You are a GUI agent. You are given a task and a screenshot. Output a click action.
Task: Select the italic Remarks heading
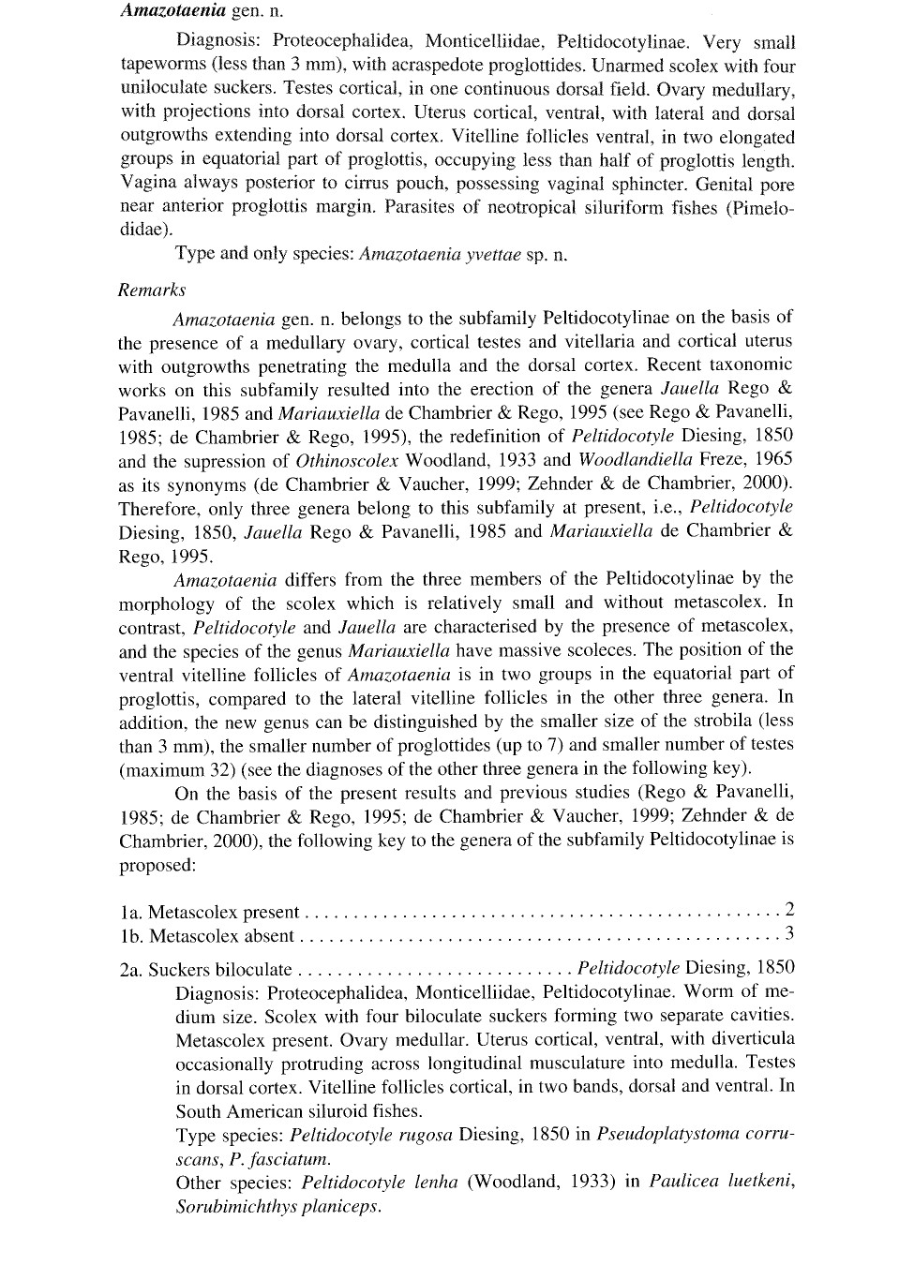point(152,290)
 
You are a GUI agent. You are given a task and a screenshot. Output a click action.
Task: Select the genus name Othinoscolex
point(347,460)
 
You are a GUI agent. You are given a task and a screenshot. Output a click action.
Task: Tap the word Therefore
point(159,509)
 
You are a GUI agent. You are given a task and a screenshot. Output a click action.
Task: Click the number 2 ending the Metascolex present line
point(789,909)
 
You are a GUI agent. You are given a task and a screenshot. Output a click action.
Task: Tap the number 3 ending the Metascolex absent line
point(789,933)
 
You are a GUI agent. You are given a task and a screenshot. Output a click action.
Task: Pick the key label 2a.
point(130,970)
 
